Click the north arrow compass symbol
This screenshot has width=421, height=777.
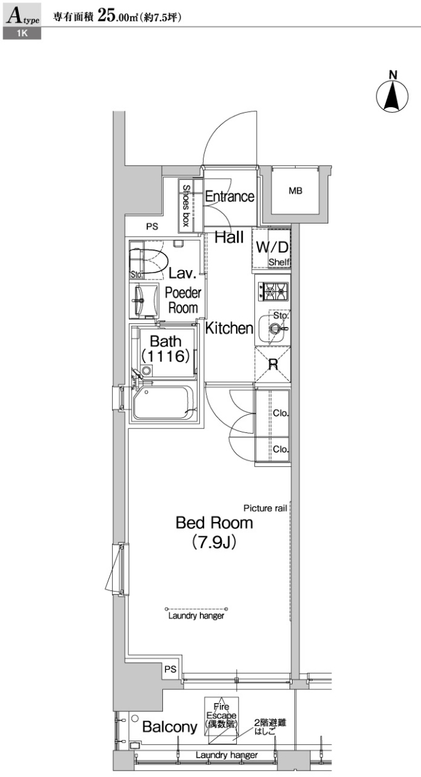click(393, 94)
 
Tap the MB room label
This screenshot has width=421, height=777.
click(295, 190)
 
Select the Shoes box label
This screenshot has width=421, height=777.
click(186, 205)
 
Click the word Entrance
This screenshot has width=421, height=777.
click(230, 197)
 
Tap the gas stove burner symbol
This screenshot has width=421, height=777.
click(273, 291)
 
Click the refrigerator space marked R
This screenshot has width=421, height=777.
click(273, 364)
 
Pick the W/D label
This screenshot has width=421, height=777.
click(272, 247)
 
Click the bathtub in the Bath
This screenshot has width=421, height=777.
click(164, 402)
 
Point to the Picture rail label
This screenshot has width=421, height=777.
click(265, 508)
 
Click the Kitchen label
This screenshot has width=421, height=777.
click(229, 328)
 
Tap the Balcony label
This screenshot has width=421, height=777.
click(170, 727)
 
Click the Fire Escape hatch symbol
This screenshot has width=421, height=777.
click(221, 716)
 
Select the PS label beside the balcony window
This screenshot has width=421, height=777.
click(170, 669)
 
